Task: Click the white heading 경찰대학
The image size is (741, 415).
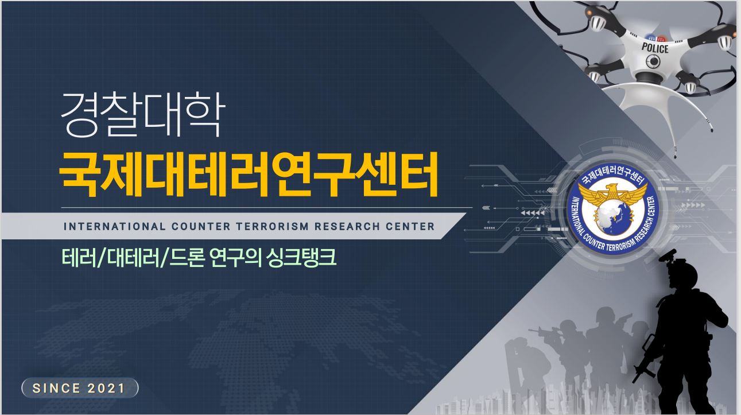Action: point(143,114)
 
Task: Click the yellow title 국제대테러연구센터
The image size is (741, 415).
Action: point(249,174)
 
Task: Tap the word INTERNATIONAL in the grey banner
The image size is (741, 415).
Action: point(114,227)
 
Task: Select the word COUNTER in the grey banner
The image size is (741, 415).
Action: point(201,227)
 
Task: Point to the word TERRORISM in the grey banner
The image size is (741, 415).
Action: point(272,227)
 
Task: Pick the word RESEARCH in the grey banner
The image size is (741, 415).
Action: point(347,227)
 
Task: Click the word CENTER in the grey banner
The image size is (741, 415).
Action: point(410,227)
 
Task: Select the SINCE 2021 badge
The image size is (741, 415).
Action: point(80,388)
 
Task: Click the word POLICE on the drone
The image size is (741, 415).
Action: point(655,48)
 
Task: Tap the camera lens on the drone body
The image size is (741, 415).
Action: point(653,61)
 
